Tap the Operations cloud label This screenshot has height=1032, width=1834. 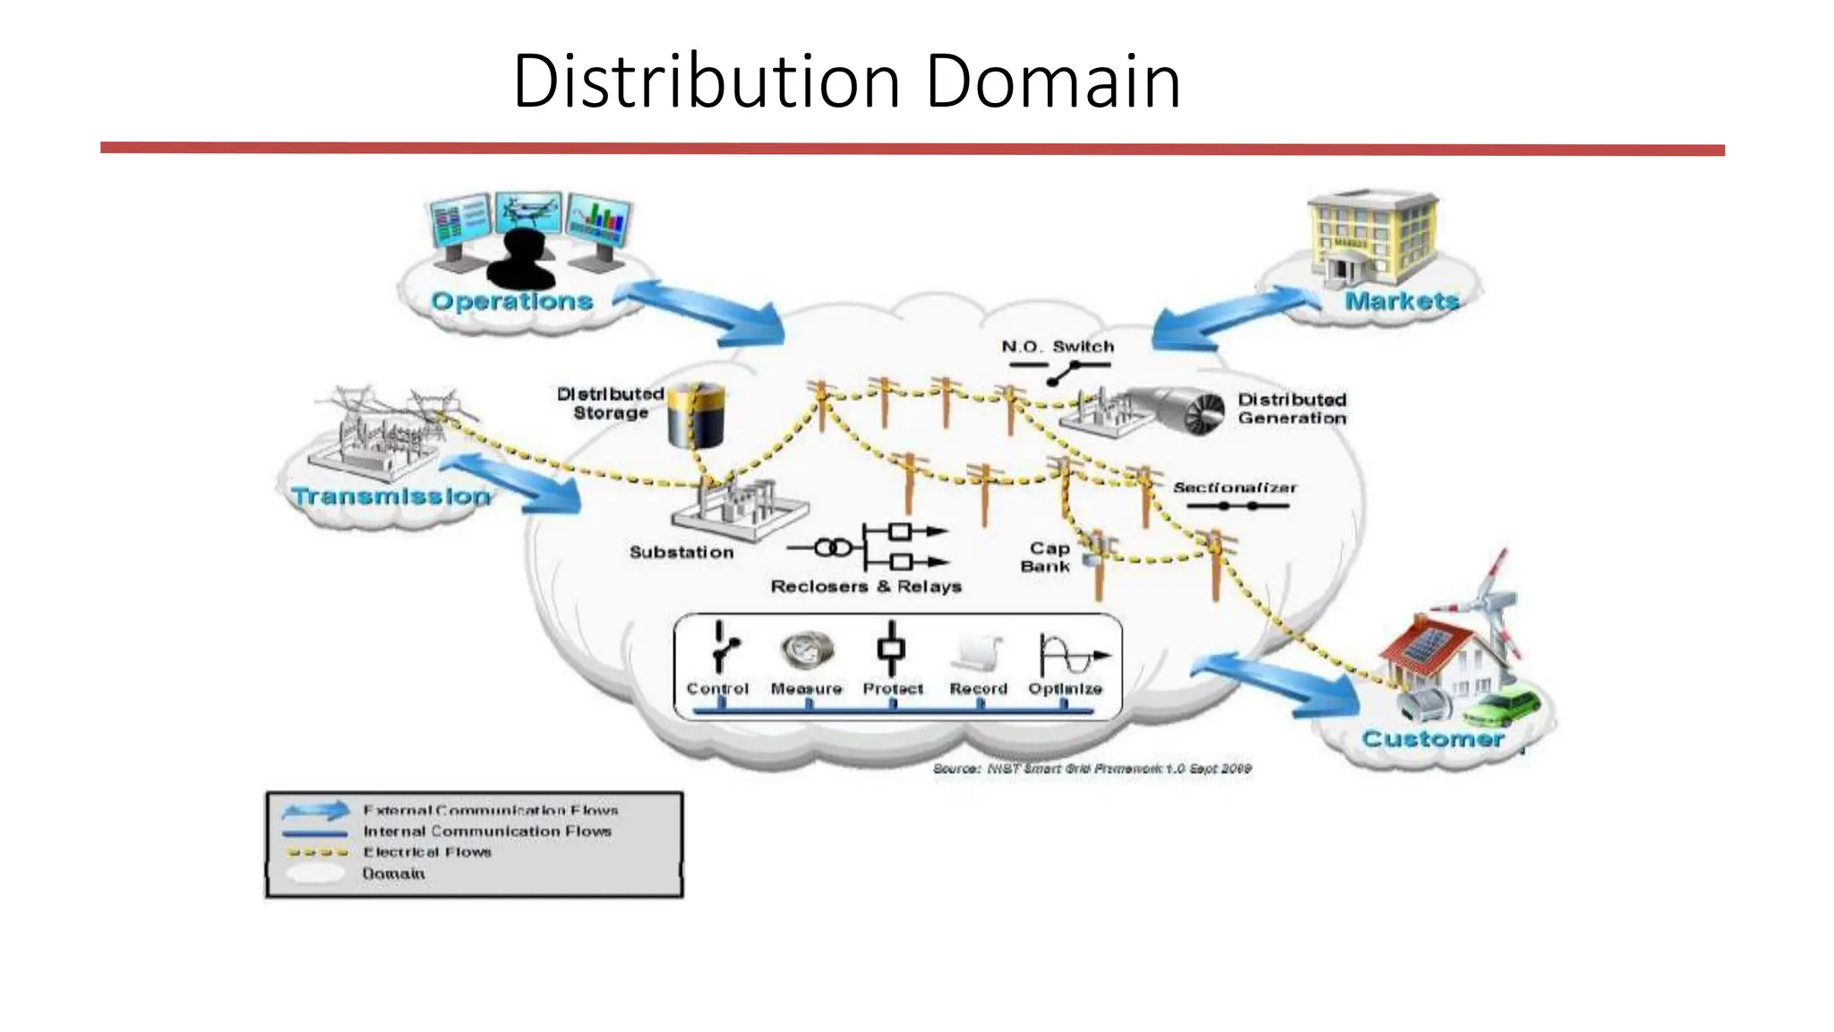pos(512,301)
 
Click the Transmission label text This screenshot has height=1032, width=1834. pos(391,496)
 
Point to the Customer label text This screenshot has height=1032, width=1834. pos(1432,739)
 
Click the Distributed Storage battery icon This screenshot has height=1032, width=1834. pos(697,415)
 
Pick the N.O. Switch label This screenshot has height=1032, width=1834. pos(1058,347)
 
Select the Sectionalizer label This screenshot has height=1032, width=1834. pos(1235,487)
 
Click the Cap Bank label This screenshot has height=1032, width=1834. pos(1047,557)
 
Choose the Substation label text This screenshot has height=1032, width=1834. pos(681,553)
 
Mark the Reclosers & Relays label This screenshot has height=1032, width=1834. pos(866,587)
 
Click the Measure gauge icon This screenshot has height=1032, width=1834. pos(807,649)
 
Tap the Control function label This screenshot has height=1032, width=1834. pos(717,689)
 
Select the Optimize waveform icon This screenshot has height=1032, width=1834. pos(1070,654)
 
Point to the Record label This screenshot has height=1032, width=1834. pos(979,689)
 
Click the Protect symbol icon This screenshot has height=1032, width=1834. pos(891,649)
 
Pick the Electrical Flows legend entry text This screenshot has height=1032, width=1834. pos(427,852)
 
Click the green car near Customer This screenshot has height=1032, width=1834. pos(1504,705)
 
